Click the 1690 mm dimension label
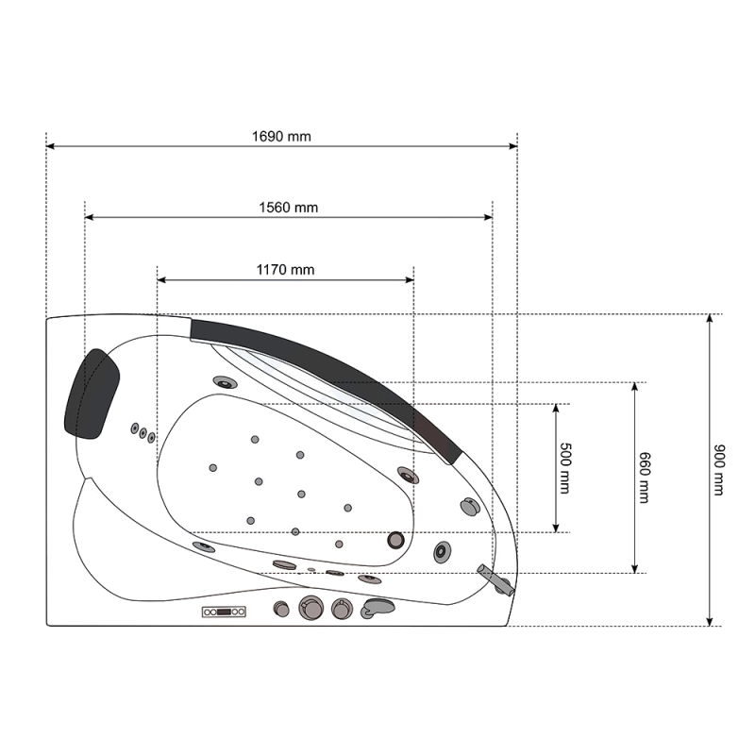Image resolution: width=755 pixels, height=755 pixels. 281,137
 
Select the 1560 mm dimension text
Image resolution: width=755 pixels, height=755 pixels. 289,208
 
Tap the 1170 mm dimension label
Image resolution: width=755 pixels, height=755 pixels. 285,270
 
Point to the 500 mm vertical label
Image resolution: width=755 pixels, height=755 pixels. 565,468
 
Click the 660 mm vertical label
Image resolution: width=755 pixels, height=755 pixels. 645,478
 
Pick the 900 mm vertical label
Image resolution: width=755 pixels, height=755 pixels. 719,470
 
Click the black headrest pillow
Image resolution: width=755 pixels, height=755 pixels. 92,394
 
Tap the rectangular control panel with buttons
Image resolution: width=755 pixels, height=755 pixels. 224,612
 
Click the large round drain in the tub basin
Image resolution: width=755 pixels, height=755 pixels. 395,540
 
